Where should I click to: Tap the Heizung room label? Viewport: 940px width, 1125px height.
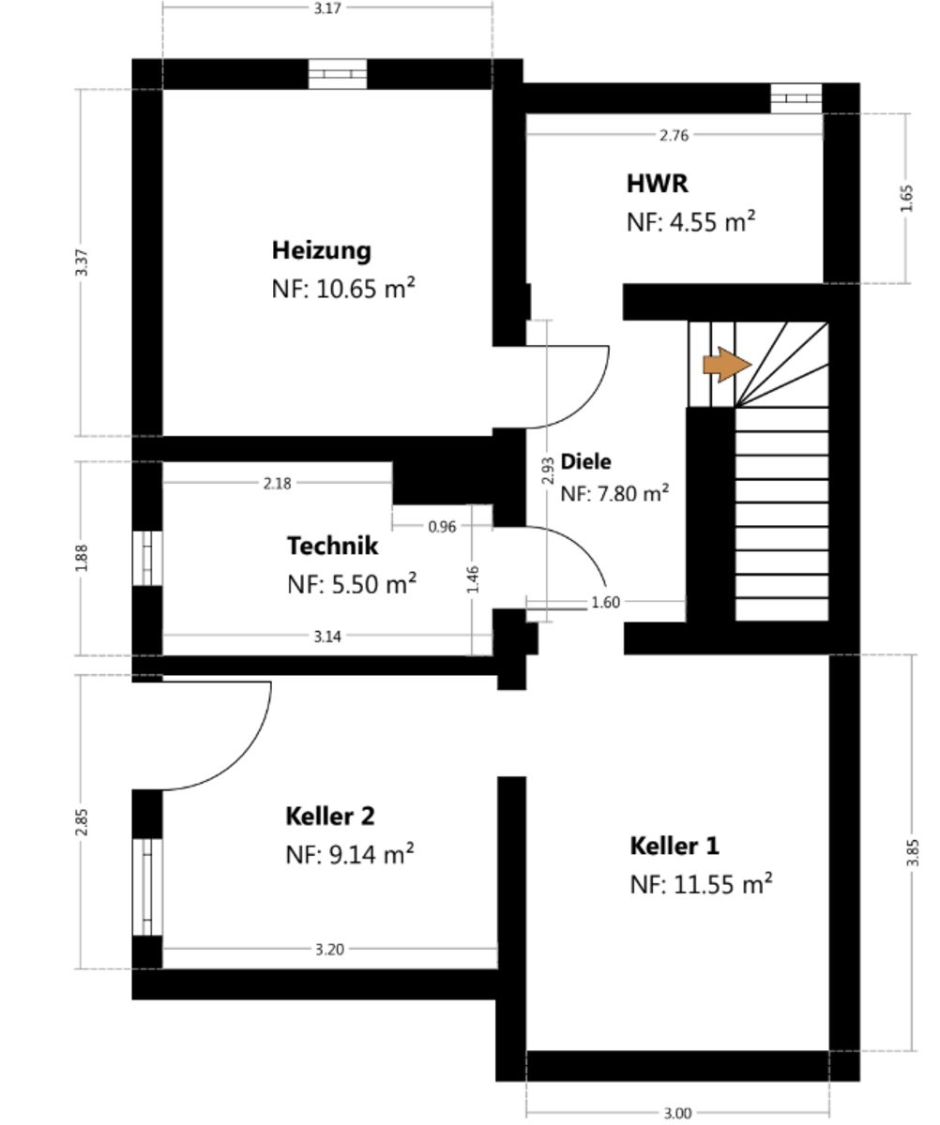pos(322,251)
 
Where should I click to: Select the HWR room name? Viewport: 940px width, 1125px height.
pos(657,184)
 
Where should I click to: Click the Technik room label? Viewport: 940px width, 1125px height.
pos(332,546)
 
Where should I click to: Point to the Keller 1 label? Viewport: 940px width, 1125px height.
pos(675,846)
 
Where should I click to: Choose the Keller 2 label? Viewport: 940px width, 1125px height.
pos(329,816)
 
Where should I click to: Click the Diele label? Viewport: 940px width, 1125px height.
pos(585,461)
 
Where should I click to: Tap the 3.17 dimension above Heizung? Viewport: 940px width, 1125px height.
pos(327,8)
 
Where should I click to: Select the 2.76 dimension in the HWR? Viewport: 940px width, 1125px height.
pos(675,135)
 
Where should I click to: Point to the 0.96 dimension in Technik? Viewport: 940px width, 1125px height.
pos(442,526)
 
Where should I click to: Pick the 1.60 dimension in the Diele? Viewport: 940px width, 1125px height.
pos(606,602)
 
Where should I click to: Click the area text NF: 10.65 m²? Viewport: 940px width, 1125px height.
pos(343,289)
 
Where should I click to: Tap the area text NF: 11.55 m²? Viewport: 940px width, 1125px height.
pos(701,884)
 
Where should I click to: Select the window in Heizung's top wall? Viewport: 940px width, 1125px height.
pos(338,74)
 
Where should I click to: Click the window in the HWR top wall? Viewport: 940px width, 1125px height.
pos(796,98)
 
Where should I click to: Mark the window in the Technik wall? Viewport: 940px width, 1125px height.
pos(148,558)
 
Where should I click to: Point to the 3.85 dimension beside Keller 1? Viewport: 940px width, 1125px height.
pos(913,853)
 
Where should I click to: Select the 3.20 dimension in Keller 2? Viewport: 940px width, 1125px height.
pos(329,950)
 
